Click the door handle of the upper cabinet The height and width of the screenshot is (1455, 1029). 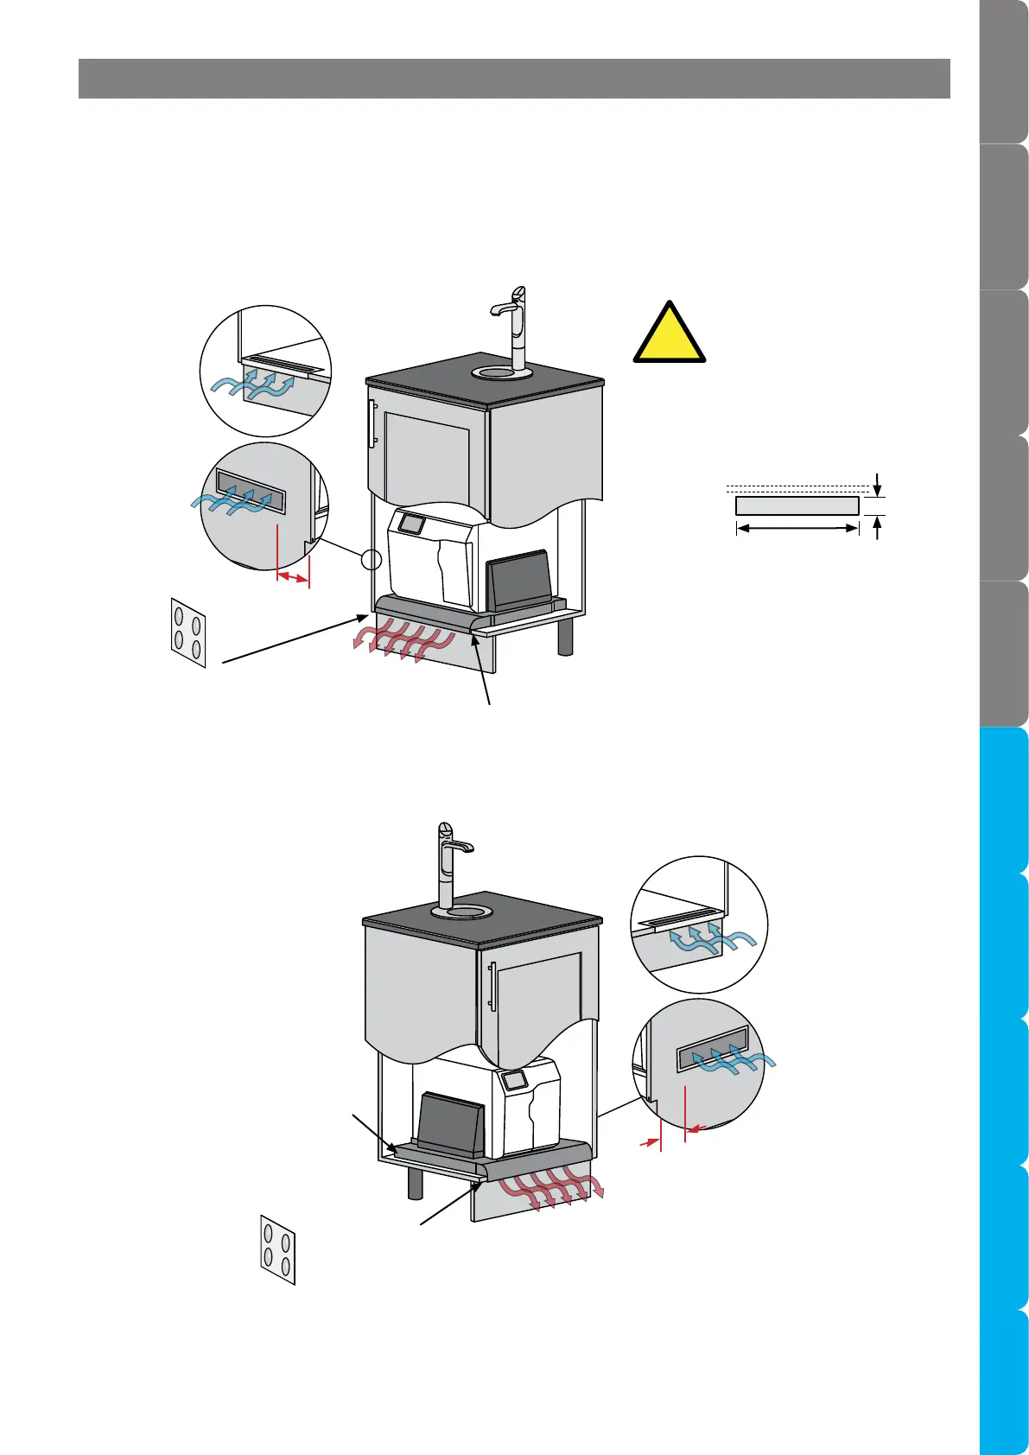coord(372,423)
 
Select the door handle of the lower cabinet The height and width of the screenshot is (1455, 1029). coord(492,986)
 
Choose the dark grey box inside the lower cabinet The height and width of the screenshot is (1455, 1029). coord(450,1126)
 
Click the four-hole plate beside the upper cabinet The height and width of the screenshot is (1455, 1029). coord(188,632)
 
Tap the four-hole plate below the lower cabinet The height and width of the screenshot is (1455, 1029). coord(278,1249)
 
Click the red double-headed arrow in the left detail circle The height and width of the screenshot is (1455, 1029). coord(293,577)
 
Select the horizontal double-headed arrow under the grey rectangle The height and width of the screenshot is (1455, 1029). coord(797,528)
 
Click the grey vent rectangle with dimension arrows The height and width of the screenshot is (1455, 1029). coord(797,505)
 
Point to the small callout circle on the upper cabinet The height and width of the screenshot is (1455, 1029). coord(371,560)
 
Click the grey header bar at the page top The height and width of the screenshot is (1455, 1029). coord(514,79)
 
